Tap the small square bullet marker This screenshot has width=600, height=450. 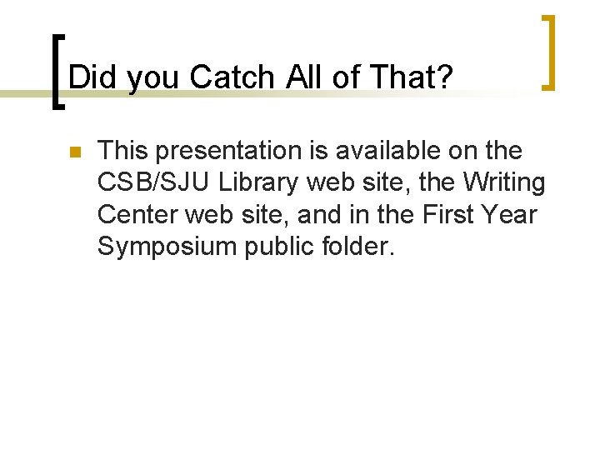[x=72, y=152]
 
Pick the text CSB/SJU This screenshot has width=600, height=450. [x=155, y=183]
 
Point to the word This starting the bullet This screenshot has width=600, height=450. [x=124, y=151]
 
